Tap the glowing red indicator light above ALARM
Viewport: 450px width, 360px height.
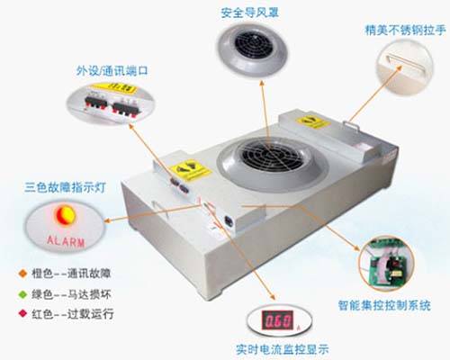64,216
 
